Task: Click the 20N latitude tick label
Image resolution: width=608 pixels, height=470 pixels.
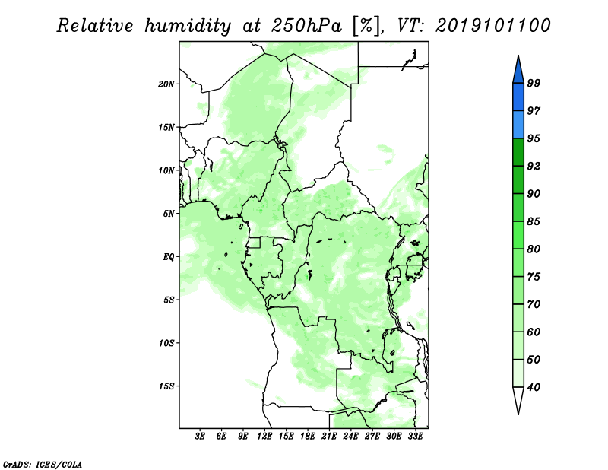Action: (166, 84)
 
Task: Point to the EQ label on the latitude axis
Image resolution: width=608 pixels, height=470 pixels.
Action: (169, 257)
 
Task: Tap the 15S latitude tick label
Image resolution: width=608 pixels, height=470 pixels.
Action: (166, 386)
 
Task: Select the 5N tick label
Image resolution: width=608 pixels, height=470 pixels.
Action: (169, 214)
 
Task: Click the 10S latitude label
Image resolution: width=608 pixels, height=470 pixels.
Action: (166, 343)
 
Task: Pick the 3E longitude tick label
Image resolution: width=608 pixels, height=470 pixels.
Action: (200, 437)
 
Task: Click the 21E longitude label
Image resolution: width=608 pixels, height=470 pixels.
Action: (329, 437)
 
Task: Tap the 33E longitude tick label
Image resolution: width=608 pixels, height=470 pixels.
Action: (415, 437)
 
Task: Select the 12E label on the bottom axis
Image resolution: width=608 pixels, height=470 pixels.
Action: (264, 437)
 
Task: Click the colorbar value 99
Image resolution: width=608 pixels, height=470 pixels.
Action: (534, 83)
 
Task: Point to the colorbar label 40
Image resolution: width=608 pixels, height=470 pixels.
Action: (534, 387)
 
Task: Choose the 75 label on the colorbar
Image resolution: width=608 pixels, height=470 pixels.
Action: (534, 277)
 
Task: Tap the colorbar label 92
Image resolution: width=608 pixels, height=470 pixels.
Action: (534, 166)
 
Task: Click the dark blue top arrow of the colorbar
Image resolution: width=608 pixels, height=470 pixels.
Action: (518, 71)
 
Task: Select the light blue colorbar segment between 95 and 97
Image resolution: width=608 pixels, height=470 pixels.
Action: (518, 125)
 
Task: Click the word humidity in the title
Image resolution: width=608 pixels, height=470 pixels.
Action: (188, 26)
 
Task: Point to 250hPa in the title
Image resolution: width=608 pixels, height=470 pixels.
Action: (307, 26)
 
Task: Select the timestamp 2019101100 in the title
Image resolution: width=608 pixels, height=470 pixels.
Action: (492, 26)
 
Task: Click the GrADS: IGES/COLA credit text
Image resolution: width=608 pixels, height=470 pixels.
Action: (43, 464)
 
